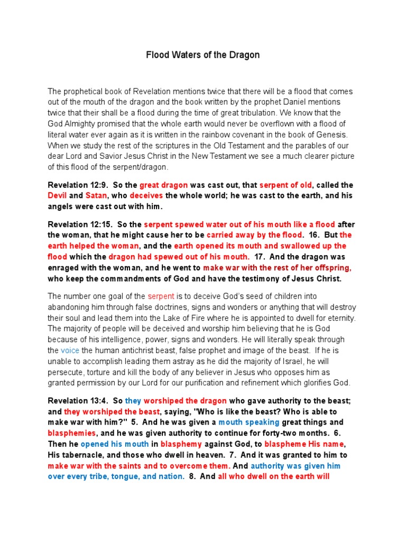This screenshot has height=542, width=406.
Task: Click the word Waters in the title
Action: click(x=184, y=55)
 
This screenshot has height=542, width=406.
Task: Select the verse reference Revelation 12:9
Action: click(x=76, y=185)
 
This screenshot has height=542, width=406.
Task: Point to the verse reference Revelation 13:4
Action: click(x=76, y=401)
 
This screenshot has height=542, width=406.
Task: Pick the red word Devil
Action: click(x=58, y=196)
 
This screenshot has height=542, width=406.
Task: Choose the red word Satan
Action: click(x=96, y=196)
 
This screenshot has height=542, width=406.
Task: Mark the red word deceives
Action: click(x=150, y=196)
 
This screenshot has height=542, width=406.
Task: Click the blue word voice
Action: click(x=70, y=350)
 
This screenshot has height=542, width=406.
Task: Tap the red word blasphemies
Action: click(x=72, y=433)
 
